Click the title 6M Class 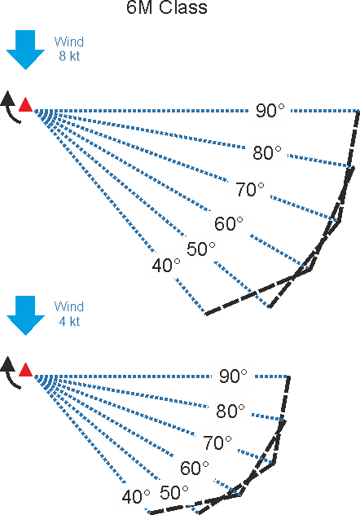pos(167,7)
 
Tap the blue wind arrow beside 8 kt pos(25,50)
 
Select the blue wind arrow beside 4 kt pos(25,315)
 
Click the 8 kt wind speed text pos(69,56)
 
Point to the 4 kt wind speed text pos(69,321)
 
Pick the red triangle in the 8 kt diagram pos(25,105)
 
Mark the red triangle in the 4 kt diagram pos(25,370)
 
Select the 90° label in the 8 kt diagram pos(270,110)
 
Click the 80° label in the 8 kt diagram pos(267,153)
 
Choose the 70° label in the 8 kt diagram pos(250,190)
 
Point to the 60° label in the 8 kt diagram pos(228,223)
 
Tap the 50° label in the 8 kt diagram pos(201,249)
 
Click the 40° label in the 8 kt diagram pos(166,266)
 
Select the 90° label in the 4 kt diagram pos(233,376)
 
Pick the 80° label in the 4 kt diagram pos(230,412)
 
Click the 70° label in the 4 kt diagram pos(217,442)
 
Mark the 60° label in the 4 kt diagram pos(195,468)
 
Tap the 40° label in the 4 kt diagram pos(136,497)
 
